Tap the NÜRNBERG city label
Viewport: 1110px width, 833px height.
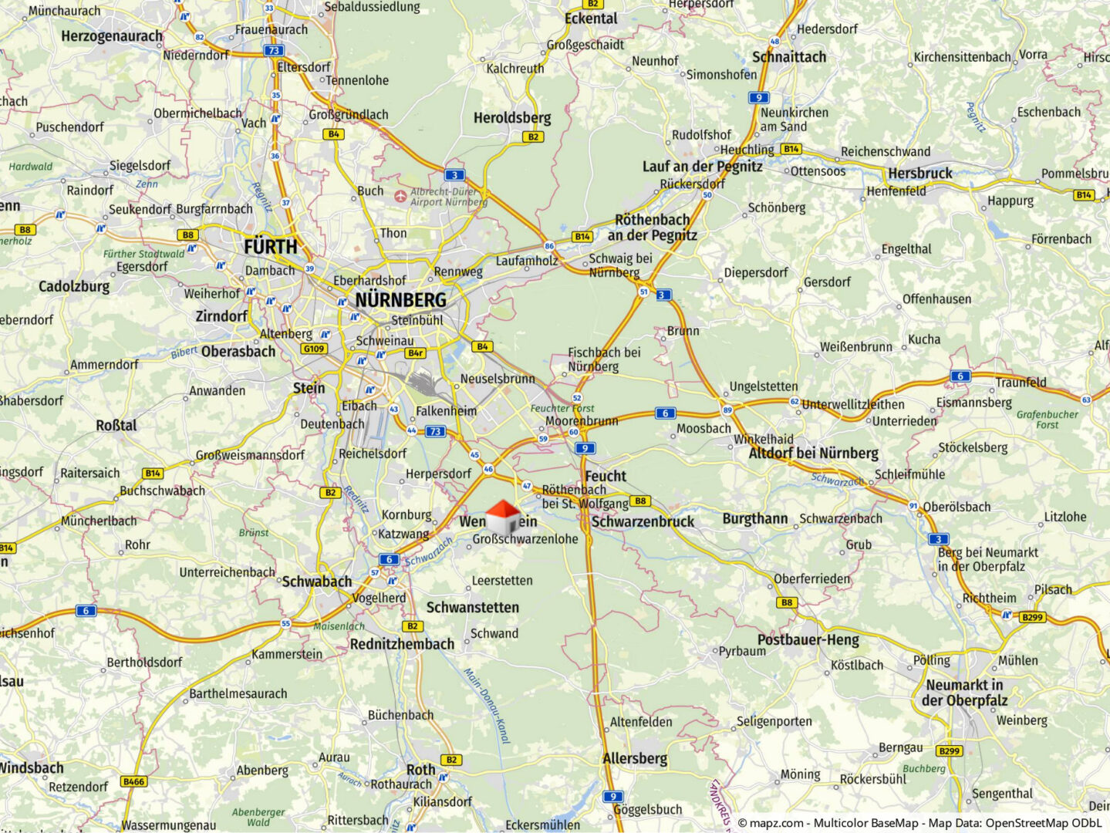click(x=400, y=300)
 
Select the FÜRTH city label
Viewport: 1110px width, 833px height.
click(x=270, y=247)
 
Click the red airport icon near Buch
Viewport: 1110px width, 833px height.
click(x=400, y=196)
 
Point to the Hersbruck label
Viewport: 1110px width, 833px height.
click(x=919, y=174)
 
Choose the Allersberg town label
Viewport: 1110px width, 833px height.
click(x=634, y=758)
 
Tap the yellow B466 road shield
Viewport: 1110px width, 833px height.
click(x=133, y=781)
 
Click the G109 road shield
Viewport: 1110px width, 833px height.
click(x=314, y=349)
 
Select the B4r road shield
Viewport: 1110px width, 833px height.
click(x=416, y=352)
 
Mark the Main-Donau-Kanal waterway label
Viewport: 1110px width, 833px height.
click(x=487, y=706)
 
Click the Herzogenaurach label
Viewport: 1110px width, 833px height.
click(x=112, y=36)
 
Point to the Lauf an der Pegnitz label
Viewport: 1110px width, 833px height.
click(x=702, y=167)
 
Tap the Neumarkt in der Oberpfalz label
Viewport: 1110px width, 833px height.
click(x=964, y=693)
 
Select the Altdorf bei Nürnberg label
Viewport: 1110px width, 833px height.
click(x=813, y=454)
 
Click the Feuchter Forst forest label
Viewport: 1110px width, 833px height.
click(x=562, y=408)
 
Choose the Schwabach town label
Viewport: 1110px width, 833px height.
click(x=316, y=582)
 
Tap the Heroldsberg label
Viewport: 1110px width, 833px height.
click(x=512, y=118)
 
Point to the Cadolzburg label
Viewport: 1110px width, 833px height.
click(x=74, y=287)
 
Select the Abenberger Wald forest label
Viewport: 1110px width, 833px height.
click(x=258, y=817)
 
